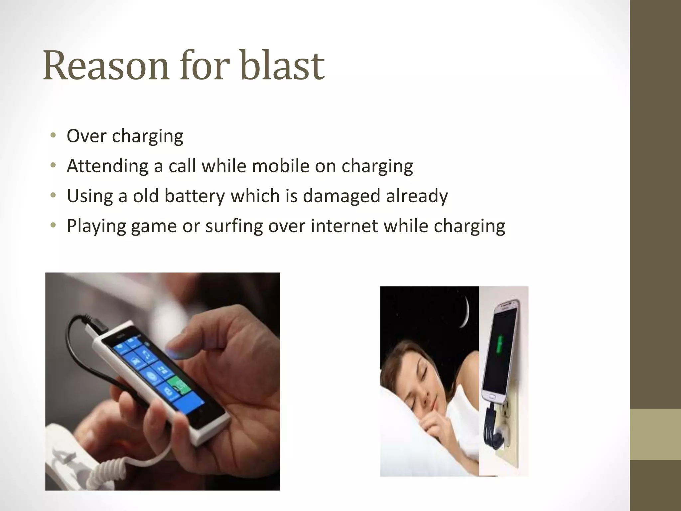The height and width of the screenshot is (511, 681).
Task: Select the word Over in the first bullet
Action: click(x=86, y=136)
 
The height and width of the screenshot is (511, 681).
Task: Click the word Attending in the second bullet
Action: click(x=107, y=166)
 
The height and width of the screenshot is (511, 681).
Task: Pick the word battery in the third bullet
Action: click(x=195, y=196)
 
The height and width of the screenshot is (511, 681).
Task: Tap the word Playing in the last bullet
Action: click(x=96, y=226)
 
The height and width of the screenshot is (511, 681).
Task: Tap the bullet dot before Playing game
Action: click(x=53, y=226)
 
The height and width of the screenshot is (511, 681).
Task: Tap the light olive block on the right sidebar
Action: click(x=655, y=434)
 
